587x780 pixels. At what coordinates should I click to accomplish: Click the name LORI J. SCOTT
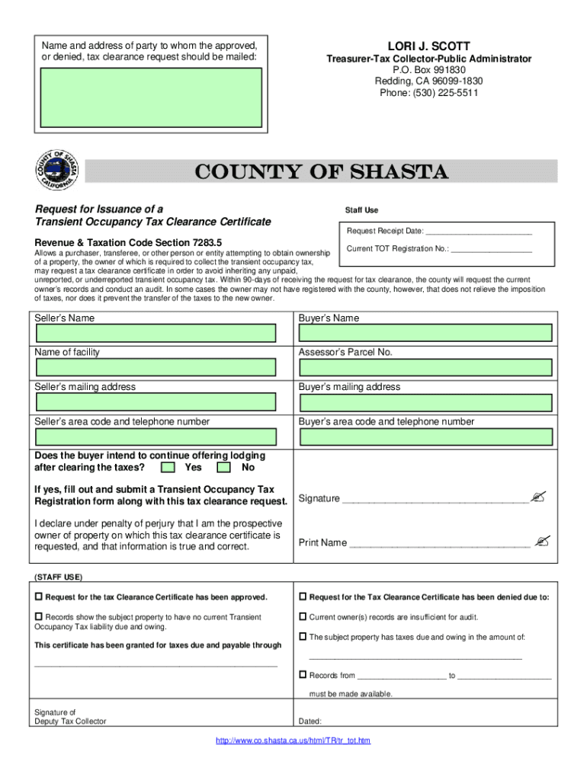[x=429, y=46]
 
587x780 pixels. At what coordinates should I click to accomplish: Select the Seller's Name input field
[x=156, y=333]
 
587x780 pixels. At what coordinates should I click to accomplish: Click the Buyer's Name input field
[x=425, y=333]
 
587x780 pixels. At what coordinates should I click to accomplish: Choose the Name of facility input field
[x=156, y=367]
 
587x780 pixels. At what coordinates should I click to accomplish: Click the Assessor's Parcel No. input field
[x=425, y=367]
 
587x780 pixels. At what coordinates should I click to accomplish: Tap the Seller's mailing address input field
[x=156, y=401]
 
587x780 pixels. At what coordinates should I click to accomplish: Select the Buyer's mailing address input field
[x=425, y=401]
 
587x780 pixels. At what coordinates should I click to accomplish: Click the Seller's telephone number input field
[x=156, y=436]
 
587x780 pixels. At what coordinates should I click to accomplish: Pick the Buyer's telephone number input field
[x=425, y=436]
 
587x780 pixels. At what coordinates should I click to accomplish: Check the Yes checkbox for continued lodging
[x=169, y=467]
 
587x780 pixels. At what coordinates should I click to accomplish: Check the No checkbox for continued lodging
[x=224, y=467]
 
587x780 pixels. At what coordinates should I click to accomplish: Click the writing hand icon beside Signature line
[x=539, y=497]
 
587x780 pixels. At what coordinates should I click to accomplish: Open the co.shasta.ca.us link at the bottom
[x=293, y=740]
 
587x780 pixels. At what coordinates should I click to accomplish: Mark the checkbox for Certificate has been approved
[x=39, y=596]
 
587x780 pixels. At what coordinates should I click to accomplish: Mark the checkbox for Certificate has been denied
[x=303, y=596]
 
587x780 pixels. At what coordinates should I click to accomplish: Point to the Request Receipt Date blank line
[x=478, y=232]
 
